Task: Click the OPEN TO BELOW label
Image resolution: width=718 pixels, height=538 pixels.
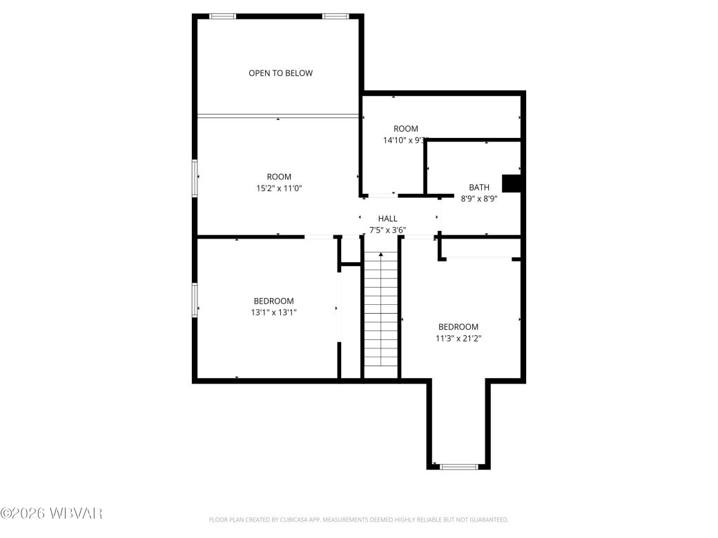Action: (280, 73)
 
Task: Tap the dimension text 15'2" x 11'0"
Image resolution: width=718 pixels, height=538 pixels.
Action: (279, 188)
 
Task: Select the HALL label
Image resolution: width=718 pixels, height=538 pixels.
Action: (387, 219)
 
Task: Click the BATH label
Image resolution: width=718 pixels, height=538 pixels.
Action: (479, 187)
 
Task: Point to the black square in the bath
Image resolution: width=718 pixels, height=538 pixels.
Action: (510, 183)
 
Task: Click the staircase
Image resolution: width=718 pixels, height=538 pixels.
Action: (380, 310)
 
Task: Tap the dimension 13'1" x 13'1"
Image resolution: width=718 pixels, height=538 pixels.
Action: (273, 312)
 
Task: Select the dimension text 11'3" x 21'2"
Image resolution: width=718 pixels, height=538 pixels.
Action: (458, 338)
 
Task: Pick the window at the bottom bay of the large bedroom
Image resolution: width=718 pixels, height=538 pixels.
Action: (459, 467)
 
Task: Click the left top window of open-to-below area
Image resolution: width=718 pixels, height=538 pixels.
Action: (222, 16)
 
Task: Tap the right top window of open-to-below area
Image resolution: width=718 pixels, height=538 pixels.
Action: (336, 16)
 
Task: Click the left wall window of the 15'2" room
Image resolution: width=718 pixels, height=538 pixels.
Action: (195, 179)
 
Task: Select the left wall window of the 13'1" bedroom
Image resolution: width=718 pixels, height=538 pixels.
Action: (195, 300)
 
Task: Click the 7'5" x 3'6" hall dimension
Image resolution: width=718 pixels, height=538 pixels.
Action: (387, 230)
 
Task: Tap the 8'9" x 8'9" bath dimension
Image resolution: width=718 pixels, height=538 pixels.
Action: (479, 198)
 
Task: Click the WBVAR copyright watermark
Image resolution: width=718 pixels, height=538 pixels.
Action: (52, 513)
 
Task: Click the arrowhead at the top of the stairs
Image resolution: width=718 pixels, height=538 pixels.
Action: (380, 255)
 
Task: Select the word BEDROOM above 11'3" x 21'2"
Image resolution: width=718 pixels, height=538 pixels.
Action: (458, 327)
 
